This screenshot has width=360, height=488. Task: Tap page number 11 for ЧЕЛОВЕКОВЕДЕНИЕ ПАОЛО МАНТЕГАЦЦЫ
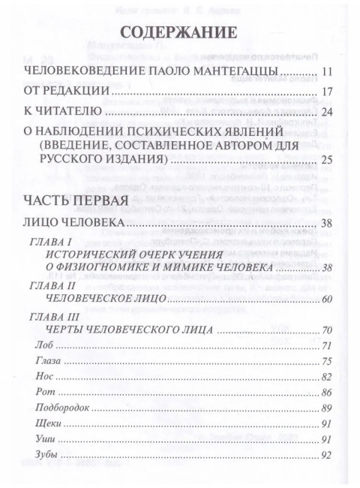[325, 73]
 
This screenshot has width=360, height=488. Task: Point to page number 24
[325, 113]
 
